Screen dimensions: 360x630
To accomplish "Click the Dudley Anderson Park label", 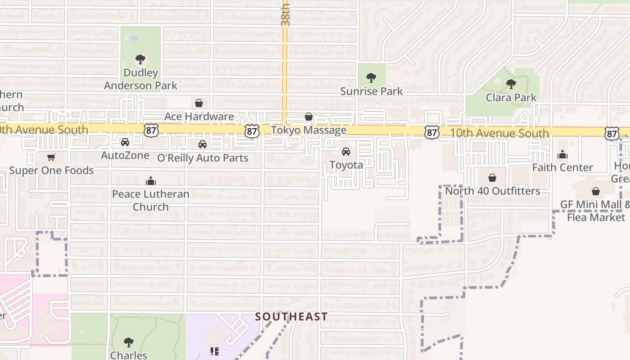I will [x=140, y=79].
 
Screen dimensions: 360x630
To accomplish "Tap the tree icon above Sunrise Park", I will [x=371, y=78].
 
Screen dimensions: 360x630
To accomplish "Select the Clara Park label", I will [x=511, y=97].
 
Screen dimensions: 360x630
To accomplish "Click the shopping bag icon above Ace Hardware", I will [x=199, y=103].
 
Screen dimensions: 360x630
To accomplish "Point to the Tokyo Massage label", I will [x=309, y=130].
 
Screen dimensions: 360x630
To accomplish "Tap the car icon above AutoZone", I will [x=125, y=142].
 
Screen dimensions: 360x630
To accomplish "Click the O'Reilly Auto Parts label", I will [x=202, y=158].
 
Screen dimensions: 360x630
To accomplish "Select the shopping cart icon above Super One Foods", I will [x=51, y=157].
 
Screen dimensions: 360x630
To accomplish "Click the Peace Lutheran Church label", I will [x=150, y=200].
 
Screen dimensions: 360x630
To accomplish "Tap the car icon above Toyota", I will [x=346, y=152].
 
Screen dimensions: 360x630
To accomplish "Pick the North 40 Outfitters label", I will [x=492, y=191].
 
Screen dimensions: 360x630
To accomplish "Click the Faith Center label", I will [x=562, y=167].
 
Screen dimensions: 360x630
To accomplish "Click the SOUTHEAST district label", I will [x=291, y=316].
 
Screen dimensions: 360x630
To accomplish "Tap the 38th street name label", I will [x=285, y=14].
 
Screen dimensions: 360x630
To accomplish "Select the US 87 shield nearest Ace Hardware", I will [x=151, y=130].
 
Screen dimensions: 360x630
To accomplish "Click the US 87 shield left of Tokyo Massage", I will [x=252, y=131].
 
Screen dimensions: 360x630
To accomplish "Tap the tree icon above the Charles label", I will [x=129, y=342].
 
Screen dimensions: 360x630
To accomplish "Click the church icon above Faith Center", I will [x=562, y=155].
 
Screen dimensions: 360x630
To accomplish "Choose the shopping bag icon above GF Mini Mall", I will [x=596, y=191].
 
